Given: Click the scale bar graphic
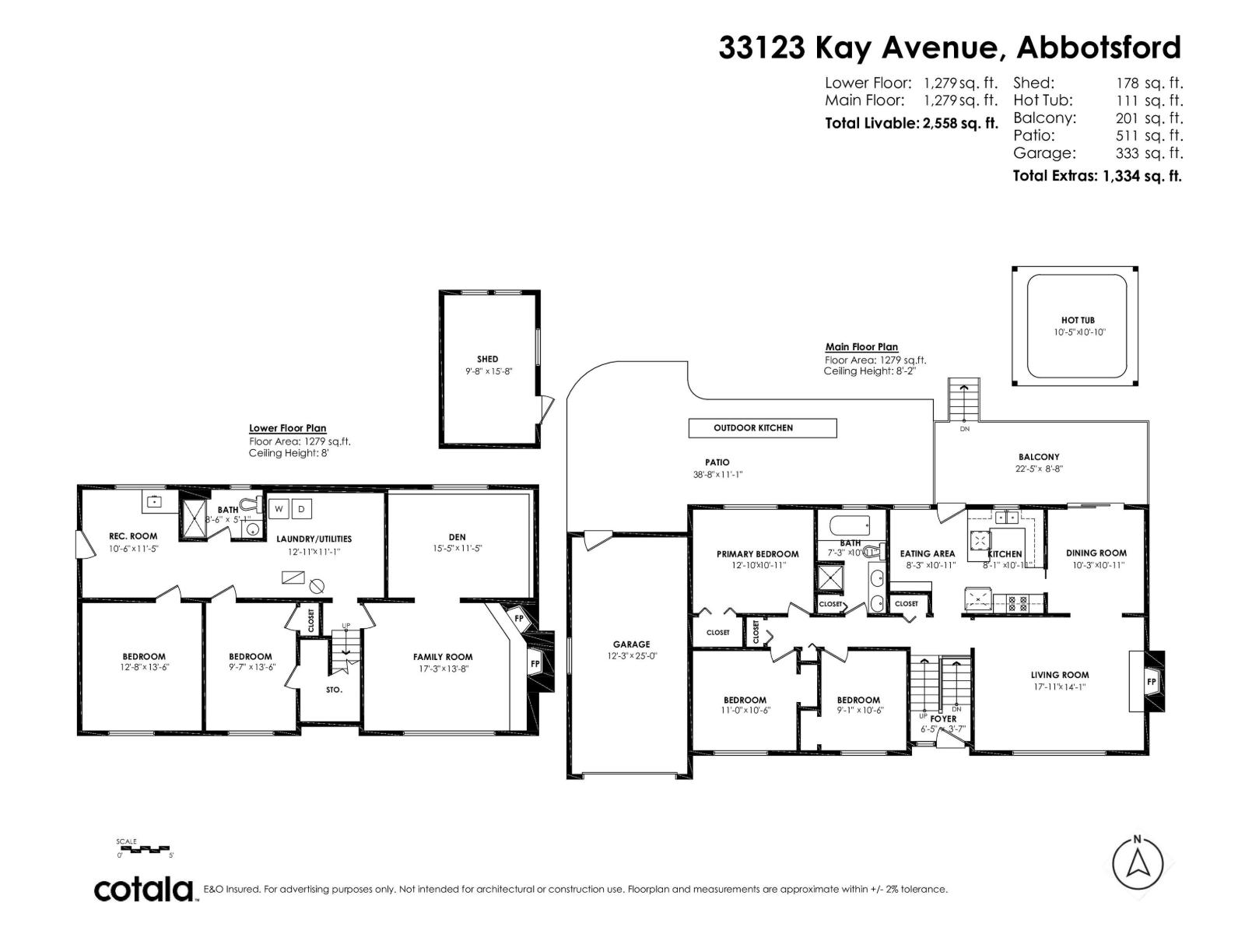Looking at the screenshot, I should [145, 849].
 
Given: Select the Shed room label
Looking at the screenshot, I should [488, 359].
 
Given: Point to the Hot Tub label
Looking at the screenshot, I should [1078, 320].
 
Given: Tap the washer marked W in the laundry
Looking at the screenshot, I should [279, 509].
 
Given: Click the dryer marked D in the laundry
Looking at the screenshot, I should [302, 509].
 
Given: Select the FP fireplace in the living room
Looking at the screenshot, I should [1152, 682].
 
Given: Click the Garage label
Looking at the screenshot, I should [631, 644].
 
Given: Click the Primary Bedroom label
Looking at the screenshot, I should [757, 554].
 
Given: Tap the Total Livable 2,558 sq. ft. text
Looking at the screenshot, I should [910, 123].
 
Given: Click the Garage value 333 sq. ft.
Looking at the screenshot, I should [1149, 153].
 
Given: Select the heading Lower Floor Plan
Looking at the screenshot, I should [287, 428].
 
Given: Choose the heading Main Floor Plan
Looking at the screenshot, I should [861, 347].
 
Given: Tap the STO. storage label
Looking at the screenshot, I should [334, 690].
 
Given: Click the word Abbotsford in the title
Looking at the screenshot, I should [1099, 47].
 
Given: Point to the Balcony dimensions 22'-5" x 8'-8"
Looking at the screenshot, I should [1039, 469].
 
